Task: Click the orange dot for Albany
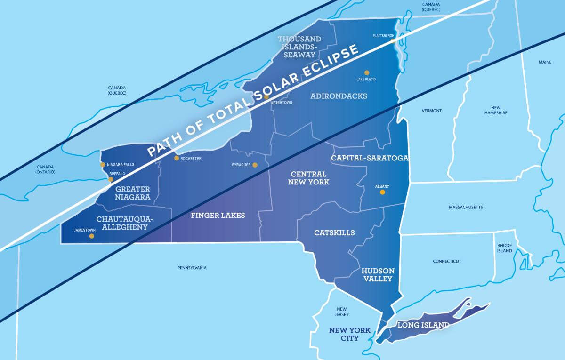[x=382, y=192]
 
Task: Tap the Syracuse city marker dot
[x=255, y=165]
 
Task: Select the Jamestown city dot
[x=91, y=236]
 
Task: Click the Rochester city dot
[x=177, y=158]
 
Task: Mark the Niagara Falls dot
[x=103, y=165]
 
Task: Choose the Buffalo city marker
[x=111, y=179]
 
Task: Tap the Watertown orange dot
[x=266, y=97]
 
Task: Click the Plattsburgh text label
[x=383, y=35]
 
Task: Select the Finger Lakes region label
[x=218, y=216]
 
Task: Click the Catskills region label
[x=334, y=233]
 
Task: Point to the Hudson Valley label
[x=377, y=275]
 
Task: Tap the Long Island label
[x=423, y=325]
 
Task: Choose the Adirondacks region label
[x=339, y=96]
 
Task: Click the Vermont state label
[x=431, y=111]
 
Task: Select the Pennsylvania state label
[x=192, y=268]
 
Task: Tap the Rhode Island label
[x=504, y=248]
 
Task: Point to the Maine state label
[x=545, y=62]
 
